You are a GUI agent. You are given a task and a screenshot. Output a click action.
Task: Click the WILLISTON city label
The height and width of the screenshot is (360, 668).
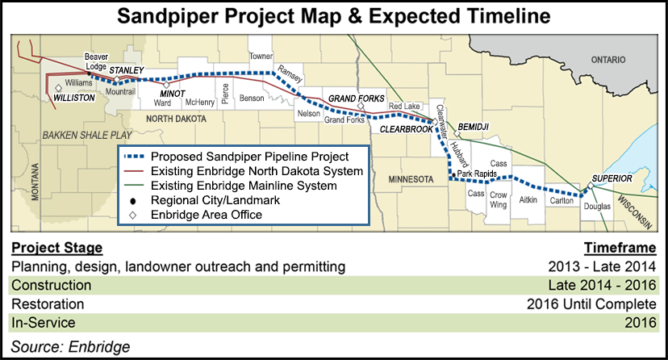point(74,98)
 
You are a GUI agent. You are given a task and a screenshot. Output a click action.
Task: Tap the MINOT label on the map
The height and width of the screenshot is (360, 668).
point(173,94)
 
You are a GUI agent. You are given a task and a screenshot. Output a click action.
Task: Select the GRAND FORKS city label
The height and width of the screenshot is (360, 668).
point(356,98)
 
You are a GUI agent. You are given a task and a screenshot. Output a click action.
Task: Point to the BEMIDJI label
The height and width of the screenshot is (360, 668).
point(474,127)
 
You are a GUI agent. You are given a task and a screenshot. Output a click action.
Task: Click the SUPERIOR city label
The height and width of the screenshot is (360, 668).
point(612,178)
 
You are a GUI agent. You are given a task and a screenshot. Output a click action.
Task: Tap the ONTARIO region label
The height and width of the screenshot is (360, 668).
point(608,60)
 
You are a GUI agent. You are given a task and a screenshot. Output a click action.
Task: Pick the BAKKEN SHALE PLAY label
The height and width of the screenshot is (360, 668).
point(87,136)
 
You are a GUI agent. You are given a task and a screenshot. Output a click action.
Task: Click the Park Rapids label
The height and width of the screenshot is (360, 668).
point(477,174)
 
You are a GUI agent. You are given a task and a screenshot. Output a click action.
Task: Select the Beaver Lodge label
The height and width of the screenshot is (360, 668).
point(96,61)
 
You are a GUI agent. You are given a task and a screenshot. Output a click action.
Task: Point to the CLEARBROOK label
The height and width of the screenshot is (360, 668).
point(406,129)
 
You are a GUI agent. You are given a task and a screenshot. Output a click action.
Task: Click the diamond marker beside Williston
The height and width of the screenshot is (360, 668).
point(58,88)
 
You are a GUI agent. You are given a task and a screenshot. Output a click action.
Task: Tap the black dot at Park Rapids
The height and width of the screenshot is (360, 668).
point(453,174)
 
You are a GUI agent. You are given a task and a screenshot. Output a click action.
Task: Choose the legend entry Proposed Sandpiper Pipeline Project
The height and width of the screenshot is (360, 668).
point(249,157)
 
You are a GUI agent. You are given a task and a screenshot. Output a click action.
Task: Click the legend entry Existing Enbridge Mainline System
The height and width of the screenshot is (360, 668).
point(244,186)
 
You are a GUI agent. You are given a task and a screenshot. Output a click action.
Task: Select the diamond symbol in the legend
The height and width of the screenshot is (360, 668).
point(133,216)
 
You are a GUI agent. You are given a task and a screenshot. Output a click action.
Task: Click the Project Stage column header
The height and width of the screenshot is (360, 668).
point(57,248)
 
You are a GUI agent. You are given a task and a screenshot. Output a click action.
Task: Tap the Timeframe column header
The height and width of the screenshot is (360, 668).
point(620,248)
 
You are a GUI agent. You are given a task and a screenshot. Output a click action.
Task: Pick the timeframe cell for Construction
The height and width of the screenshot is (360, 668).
point(602,285)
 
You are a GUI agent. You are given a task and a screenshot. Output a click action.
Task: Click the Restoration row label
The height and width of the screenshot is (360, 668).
point(48,304)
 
